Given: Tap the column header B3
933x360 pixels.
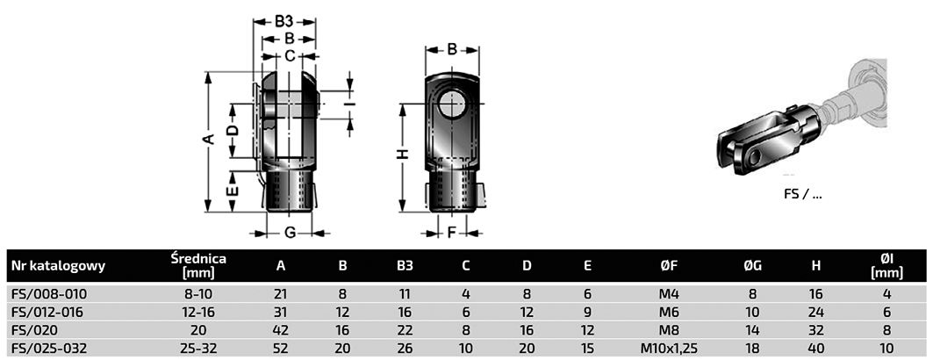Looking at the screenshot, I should click(405, 265).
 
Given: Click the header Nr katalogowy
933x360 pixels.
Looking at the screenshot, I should click(58, 265).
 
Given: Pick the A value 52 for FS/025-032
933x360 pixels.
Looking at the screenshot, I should click(281, 348).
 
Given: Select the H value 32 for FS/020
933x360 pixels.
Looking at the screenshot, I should click(815, 329).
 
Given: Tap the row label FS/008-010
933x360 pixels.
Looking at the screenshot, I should click(48, 294).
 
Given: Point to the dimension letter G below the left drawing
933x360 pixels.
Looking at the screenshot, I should click(288, 233).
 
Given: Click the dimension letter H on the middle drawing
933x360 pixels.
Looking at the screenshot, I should click(402, 154).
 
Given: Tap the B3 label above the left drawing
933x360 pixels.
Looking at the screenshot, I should click(283, 19).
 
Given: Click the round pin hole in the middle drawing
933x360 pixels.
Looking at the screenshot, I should click(453, 104).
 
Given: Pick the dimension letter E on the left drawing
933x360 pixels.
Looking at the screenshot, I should click(232, 191).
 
